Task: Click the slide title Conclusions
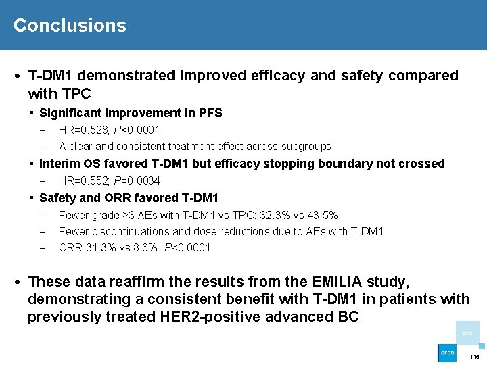coord(70,26)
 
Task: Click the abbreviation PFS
coord(210,113)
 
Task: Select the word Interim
coord(61,164)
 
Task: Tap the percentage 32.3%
coord(266,215)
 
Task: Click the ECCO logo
coord(447,354)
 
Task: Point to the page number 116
coord(474,356)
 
